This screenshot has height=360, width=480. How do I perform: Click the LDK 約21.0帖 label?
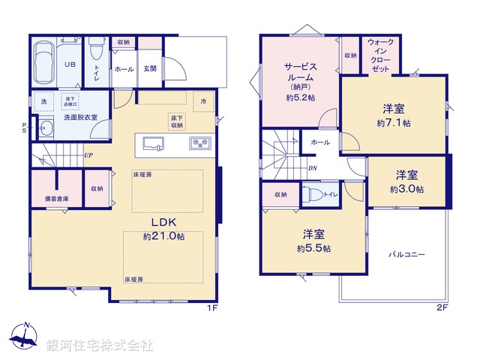pos(163,229)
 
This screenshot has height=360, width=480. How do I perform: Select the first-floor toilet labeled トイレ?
pos(96,58)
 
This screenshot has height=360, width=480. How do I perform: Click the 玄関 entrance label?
pos(150,69)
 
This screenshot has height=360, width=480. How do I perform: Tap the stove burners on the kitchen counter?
pos(200,142)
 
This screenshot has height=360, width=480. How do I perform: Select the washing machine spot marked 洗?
pos(43,101)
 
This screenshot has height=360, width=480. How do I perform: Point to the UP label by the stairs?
pos(89,155)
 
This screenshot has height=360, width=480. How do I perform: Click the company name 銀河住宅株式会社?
pos(100,346)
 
